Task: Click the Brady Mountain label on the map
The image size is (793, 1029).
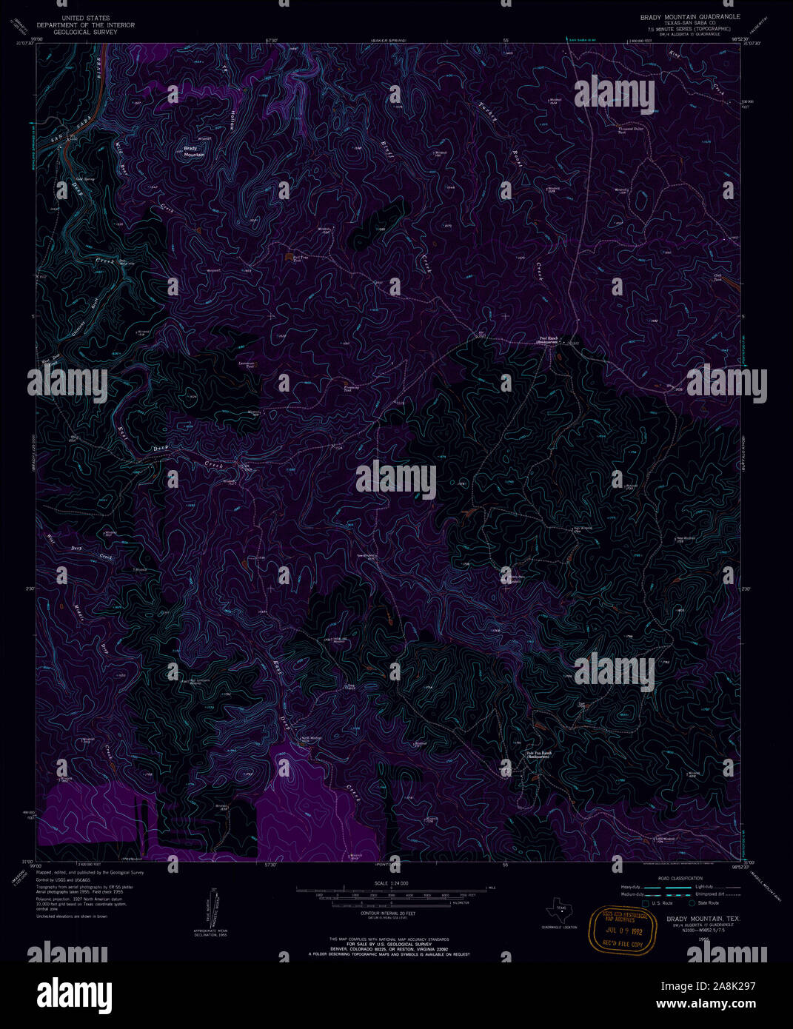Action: tap(194, 152)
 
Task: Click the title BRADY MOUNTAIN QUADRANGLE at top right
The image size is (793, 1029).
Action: tap(690, 16)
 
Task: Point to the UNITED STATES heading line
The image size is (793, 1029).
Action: tap(85, 18)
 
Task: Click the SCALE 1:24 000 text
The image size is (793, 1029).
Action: tap(391, 884)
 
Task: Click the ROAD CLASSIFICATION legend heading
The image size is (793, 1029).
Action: tap(673, 878)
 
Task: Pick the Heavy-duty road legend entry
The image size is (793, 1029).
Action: tap(632, 886)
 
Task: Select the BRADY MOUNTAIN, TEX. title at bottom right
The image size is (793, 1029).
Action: tap(697, 919)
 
